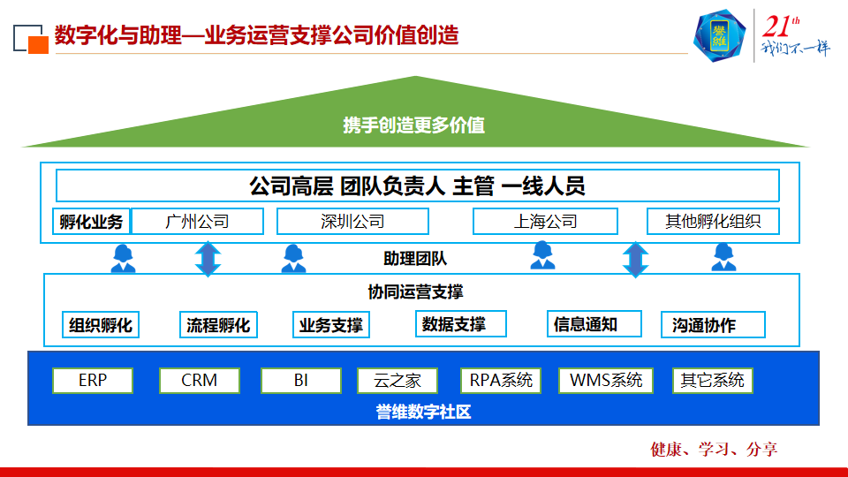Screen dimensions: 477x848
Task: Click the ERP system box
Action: [93, 381]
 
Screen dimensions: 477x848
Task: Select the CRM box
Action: [199, 381]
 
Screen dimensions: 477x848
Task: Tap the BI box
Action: [300, 381]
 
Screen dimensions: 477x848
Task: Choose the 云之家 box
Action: [397, 381]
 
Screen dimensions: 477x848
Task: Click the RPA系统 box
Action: [501, 381]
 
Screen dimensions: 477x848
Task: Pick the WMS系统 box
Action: [605, 381]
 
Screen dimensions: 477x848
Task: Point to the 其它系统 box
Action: [712, 381]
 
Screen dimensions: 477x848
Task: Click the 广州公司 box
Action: [197, 221]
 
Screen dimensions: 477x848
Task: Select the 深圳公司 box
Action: [352, 221]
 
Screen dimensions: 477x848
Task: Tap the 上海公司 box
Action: [545, 221]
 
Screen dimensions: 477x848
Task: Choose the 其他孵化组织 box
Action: [713, 221]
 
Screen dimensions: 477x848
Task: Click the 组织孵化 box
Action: [101, 325]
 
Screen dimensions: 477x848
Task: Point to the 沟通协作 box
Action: [712, 325]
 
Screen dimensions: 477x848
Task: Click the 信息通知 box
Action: [585, 324]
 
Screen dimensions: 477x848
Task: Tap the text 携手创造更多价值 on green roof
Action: [413, 125]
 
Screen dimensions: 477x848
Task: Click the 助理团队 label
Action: [415, 259]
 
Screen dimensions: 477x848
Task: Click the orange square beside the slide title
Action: [38, 43]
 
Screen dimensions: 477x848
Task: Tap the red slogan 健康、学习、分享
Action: [714, 449]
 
